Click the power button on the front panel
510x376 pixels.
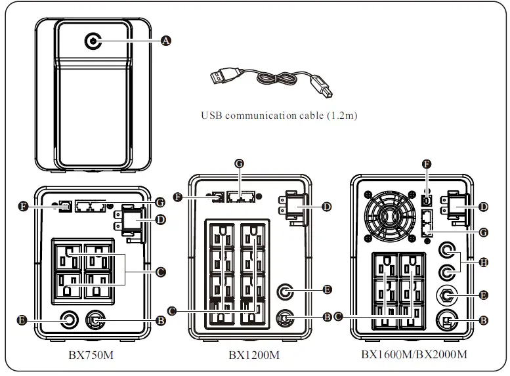(x=93, y=41)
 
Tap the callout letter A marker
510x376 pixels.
(x=165, y=41)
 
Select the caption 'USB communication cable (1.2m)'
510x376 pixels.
(x=279, y=115)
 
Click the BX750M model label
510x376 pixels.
(x=91, y=354)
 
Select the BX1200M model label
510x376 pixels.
(x=254, y=355)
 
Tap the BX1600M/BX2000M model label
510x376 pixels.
(x=414, y=355)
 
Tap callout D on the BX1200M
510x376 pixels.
(x=327, y=206)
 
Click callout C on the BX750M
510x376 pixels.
(x=160, y=270)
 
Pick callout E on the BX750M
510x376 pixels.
(x=22, y=320)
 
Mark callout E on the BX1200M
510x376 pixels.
(x=327, y=289)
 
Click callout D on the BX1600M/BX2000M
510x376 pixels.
(x=484, y=206)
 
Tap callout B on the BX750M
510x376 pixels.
(x=160, y=320)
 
